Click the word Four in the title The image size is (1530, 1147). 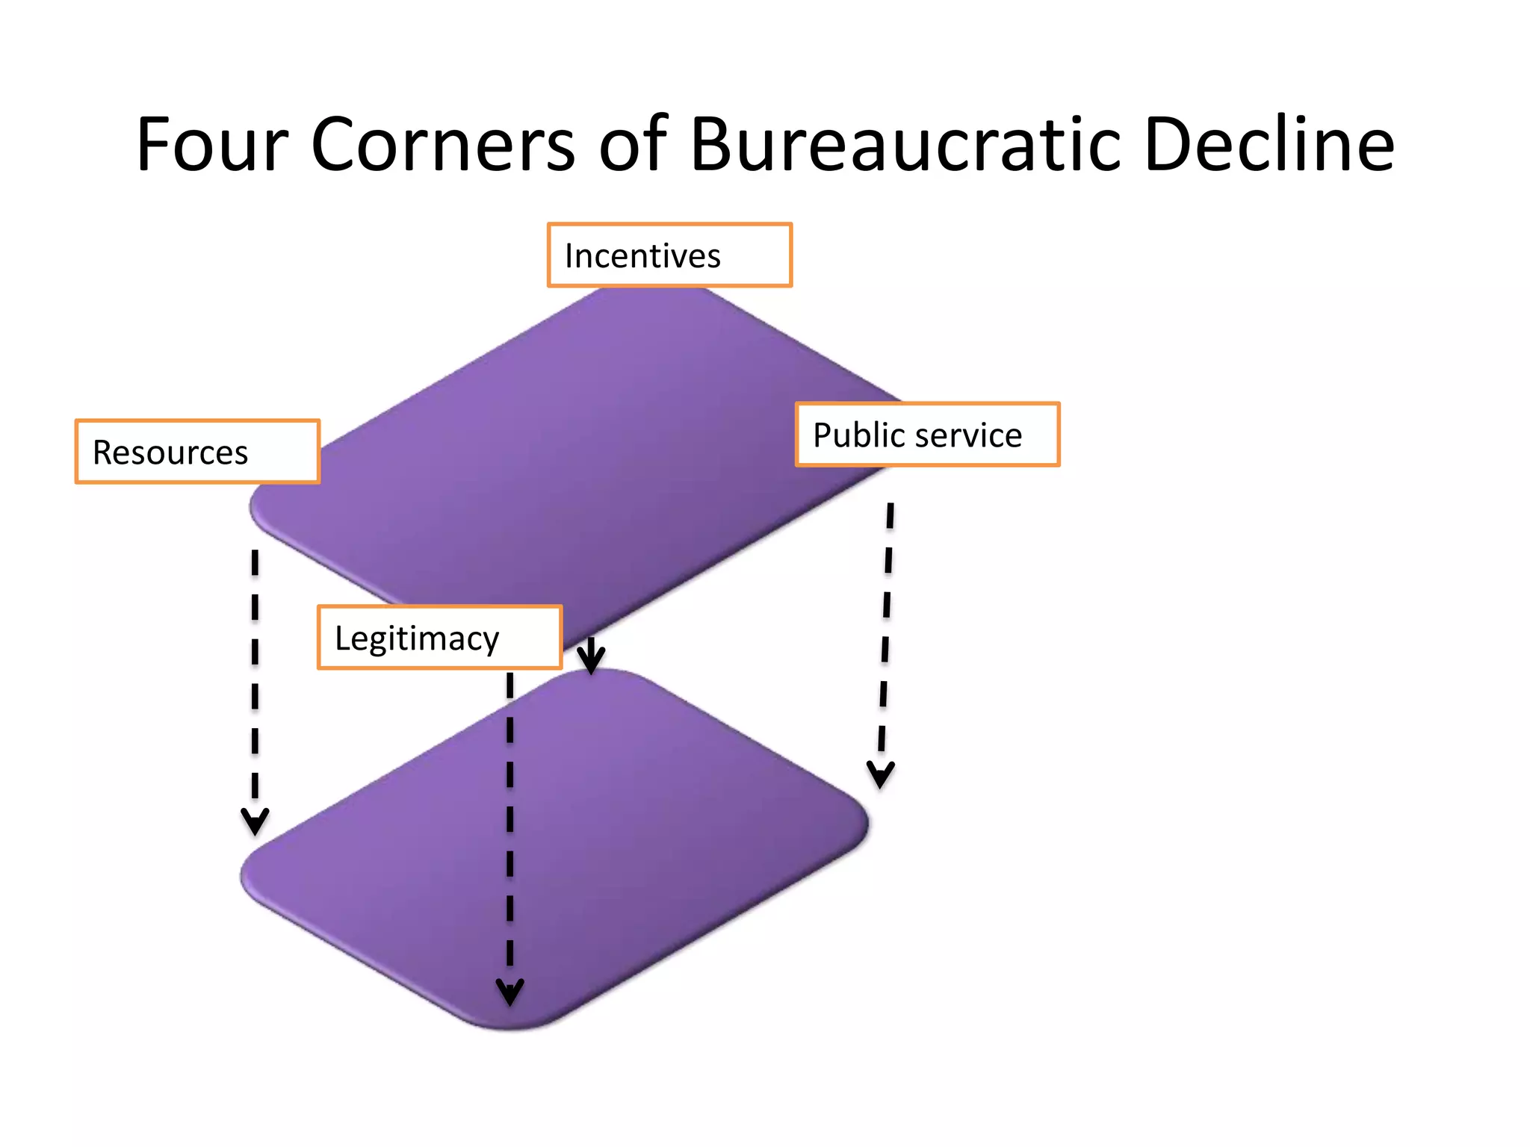(x=212, y=145)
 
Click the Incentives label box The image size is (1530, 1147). (x=669, y=255)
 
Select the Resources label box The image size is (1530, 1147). (x=197, y=452)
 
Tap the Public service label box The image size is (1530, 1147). (x=927, y=435)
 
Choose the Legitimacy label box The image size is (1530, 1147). (x=439, y=638)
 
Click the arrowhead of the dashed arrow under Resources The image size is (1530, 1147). (x=255, y=821)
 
